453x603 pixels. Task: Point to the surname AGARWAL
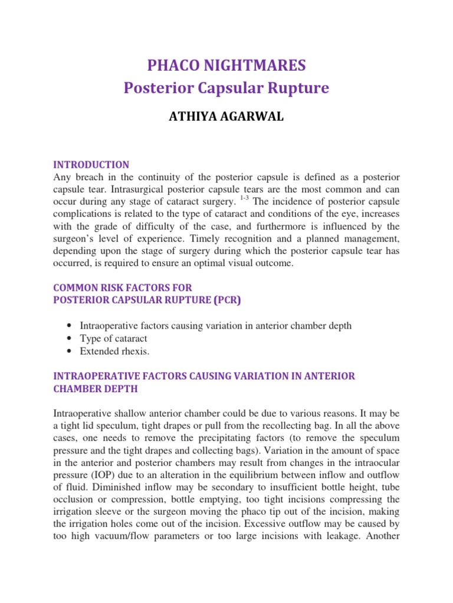[254, 117]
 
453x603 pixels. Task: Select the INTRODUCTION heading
[91, 165]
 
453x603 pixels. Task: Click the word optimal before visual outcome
[213, 263]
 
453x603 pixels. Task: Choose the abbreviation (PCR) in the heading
[225, 300]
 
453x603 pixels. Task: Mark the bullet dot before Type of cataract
[71, 339]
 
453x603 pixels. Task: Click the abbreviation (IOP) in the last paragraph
[103, 468]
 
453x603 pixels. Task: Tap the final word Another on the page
[384, 529]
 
